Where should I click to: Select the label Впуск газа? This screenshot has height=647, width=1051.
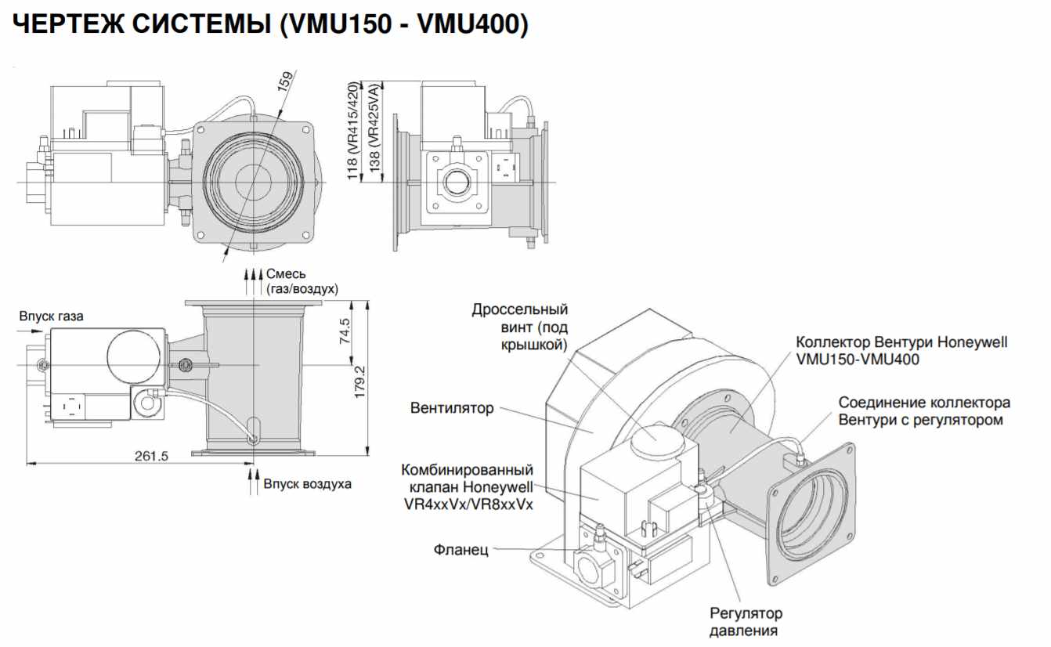51,316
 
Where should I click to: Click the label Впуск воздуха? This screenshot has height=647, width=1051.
307,483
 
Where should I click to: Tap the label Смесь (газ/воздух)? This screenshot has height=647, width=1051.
301,281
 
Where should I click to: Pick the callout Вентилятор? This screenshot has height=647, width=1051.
452,408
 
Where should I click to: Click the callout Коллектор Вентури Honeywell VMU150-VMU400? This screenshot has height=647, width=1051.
901,351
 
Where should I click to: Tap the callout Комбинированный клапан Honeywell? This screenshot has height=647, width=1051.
468,487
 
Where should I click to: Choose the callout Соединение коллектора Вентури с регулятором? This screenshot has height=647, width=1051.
924,411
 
